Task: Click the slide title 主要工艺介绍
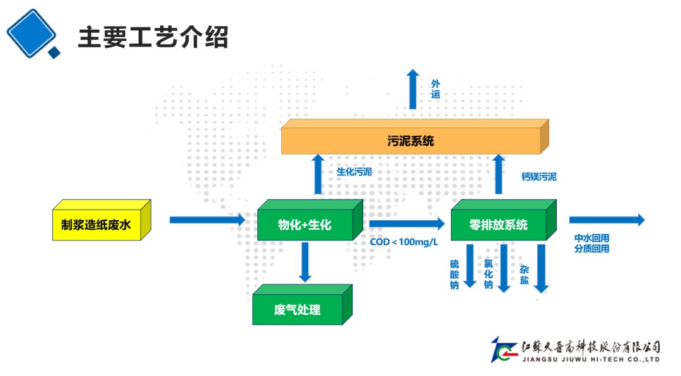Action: pyautogui.click(x=153, y=37)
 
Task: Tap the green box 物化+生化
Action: pyautogui.click(x=305, y=225)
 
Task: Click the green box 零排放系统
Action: pyautogui.click(x=499, y=225)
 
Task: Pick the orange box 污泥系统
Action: pyautogui.click(x=410, y=141)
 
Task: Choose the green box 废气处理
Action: pyautogui.click(x=298, y=310)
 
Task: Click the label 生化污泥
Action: pyautogui.click(x=354, y=172)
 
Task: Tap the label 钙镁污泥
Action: pyautogui.click(x=539, y=177)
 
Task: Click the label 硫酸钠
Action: pyautogui.click(x=454, y=274)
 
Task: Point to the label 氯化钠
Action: pyautogui.click(x=488, y=274)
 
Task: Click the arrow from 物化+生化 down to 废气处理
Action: pyautogui.click(x=305, y=262)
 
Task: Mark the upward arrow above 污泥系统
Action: pyautogui.click(x=412, y=89)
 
